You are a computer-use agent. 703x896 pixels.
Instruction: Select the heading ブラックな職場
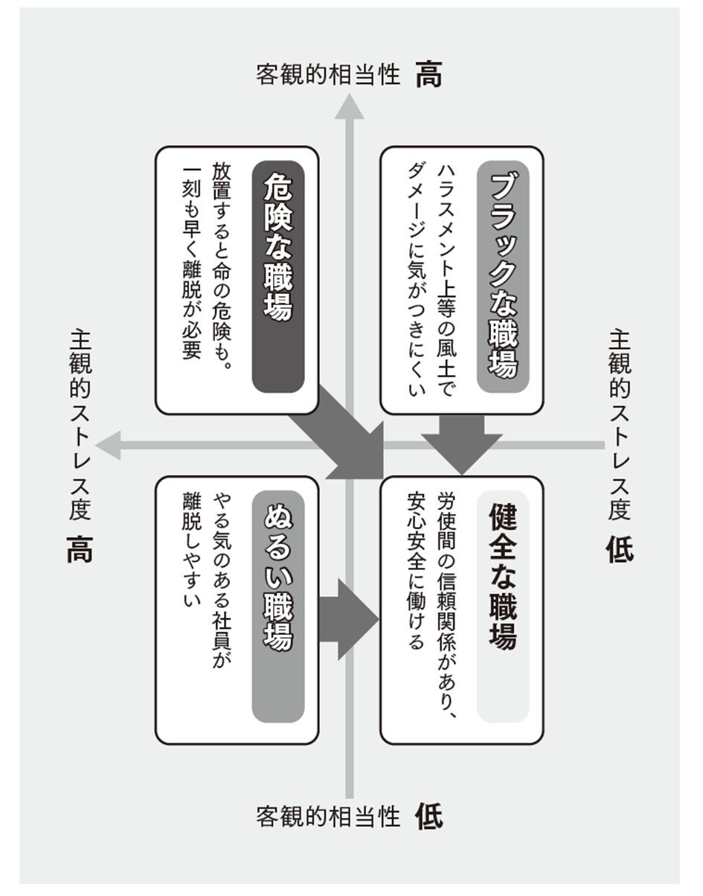[503, 276]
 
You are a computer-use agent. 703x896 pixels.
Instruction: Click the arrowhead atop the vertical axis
[349, 108]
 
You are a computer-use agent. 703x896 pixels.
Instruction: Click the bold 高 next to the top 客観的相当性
[429, 75]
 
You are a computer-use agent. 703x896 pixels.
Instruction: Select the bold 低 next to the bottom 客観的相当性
[429, 816]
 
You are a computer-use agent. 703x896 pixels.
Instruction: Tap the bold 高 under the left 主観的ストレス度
[79, 551]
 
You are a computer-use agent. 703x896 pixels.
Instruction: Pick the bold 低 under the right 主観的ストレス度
[619, 551]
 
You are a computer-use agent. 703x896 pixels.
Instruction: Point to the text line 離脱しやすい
[192, 551]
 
